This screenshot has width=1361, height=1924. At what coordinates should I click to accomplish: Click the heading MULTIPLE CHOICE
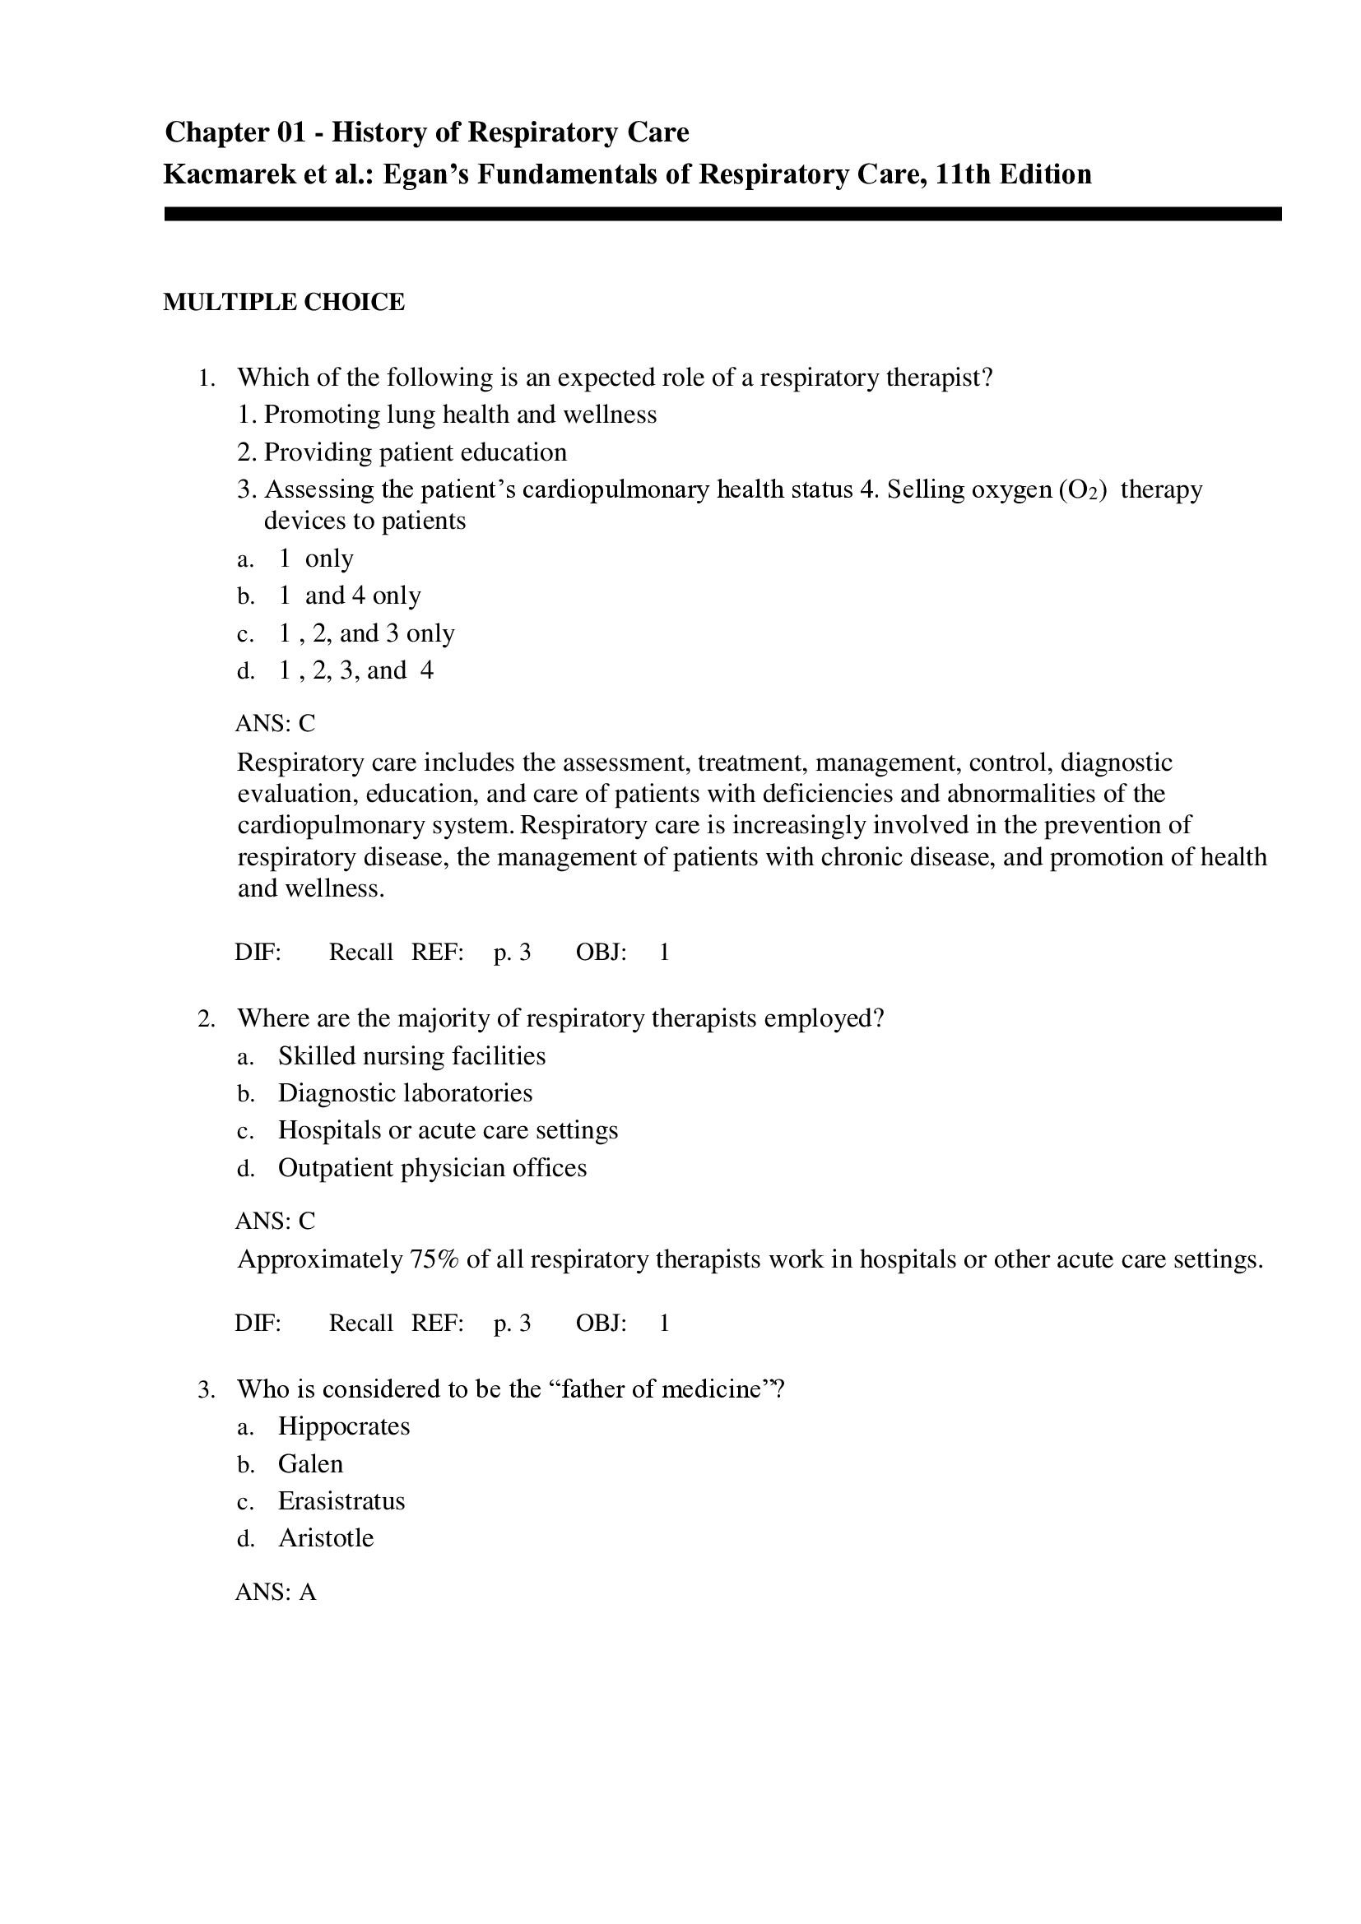283,303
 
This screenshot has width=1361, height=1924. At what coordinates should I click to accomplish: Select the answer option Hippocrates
344,1426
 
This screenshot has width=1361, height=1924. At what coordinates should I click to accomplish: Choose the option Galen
310,1464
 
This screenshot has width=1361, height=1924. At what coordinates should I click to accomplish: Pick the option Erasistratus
341,1501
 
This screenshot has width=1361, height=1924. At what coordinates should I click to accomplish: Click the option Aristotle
325,1537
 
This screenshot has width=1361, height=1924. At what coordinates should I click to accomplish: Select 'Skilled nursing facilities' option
411,1056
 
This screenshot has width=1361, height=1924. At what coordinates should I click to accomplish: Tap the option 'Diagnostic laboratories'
405,1092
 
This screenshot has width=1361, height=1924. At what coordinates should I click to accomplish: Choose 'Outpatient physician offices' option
432,1168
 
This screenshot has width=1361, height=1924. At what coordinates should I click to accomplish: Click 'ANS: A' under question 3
276,1593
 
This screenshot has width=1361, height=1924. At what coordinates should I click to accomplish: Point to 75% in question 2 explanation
434,1259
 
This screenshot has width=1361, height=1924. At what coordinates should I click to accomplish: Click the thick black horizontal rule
722,215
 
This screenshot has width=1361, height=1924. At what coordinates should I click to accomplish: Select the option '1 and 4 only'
350,596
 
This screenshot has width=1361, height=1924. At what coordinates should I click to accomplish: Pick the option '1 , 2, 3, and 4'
355,670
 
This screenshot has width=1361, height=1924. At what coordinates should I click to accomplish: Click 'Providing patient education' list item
415,452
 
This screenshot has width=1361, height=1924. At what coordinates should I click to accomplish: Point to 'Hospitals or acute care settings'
448,1130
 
